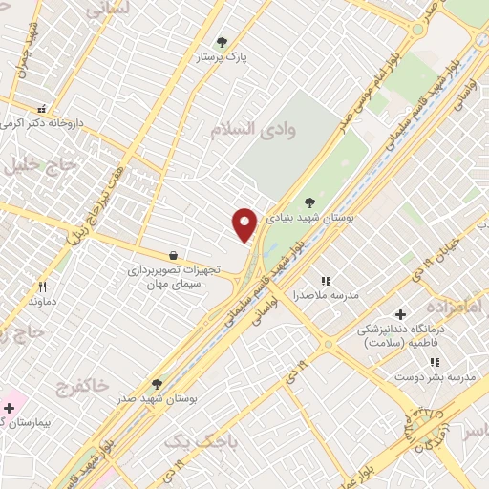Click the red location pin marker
pos(245,224)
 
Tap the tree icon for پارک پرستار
pos(223,42)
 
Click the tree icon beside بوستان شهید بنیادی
pos(310,202)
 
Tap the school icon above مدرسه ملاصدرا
pos(326,281)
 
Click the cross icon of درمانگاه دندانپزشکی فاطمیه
pos(400,314)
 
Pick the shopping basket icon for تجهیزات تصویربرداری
pos(172,255)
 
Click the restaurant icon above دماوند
pos(42,287)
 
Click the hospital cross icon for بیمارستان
pos(10,408)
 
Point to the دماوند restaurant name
pos(42,302)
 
